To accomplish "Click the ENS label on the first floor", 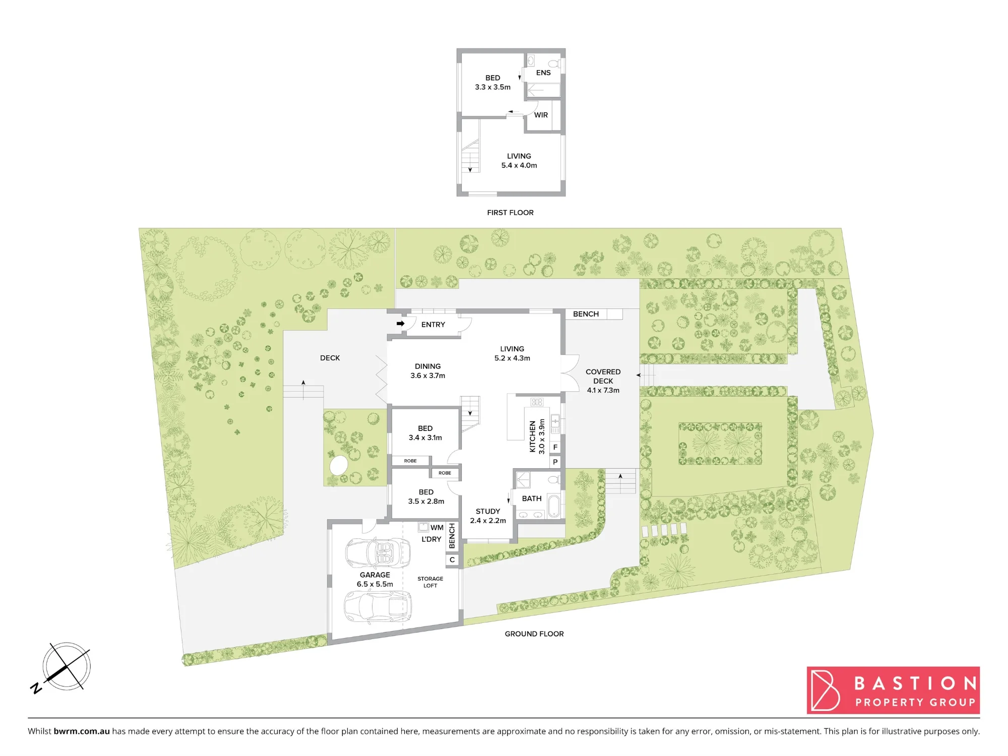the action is [543, 73].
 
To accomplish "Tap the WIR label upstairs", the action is [541, 115].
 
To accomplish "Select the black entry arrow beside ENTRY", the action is [401, 324].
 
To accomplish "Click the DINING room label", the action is [428, 366].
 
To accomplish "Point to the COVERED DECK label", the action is [603, 376].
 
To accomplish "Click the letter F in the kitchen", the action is [555, 447].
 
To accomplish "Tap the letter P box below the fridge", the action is [555, 462].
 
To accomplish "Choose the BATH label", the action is [532, 498].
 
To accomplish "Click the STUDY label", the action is [488, 511].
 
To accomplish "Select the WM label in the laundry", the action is [437, 528].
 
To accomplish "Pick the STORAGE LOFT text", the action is [430, 582].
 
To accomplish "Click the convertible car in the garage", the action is [378, 553].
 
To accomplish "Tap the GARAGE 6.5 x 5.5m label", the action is [375, 580].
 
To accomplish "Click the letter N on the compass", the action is [36, 687].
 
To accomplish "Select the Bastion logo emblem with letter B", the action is [826, 690].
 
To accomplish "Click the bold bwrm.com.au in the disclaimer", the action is [82, 731].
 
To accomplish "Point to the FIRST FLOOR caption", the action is [510, 213].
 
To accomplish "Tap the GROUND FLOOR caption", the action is [534, 634].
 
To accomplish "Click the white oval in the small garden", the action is [339, 465].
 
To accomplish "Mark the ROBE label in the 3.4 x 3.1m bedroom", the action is [410, 461].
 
